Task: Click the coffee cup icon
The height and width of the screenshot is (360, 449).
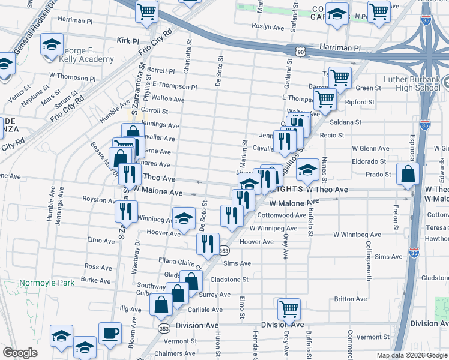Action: (110, 334)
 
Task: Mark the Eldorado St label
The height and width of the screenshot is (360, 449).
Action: (369, 161)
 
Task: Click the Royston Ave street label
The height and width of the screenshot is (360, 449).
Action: (98, 199)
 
